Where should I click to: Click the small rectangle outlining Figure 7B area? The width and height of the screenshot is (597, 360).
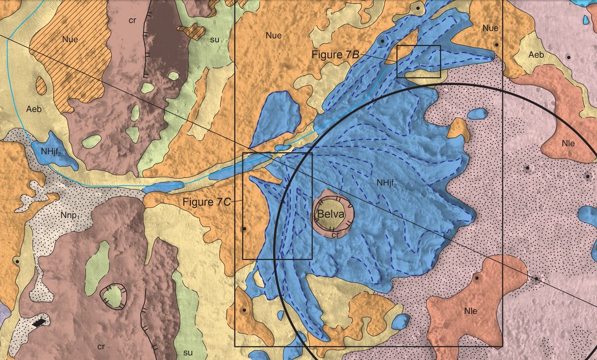[x=418, y=61]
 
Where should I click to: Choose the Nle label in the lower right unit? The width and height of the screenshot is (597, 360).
[x=470, y=311]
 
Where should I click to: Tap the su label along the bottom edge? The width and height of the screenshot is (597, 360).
[x=188, y=353]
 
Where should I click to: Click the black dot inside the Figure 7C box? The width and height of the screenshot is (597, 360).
[x=244, y=229]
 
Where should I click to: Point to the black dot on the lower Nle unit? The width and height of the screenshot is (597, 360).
[x=477, y=279]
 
